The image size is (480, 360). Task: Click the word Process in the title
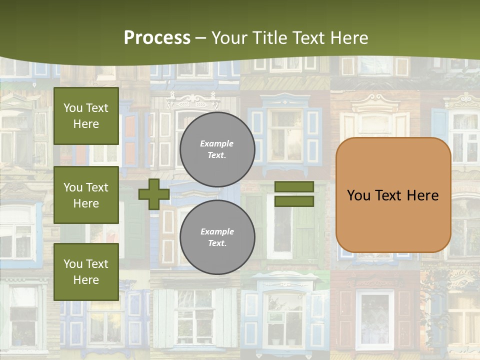pos(157,37)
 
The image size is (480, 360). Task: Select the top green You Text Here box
pos(86,116)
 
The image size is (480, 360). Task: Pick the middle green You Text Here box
pos(86,195)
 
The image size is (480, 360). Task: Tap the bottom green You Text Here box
pos(86,272)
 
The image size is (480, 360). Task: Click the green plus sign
pos(154,194)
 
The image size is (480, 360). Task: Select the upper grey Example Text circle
pos(217,149)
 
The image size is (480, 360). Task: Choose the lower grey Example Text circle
pos(217,237)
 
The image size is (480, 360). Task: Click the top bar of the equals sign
pos(294,186)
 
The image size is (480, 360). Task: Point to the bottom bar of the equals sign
pos(294,201)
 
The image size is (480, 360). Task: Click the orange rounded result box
pos(393,220)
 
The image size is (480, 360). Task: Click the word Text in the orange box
pos(388,195)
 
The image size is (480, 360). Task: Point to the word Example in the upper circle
pos(217,143)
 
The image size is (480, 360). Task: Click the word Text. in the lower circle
pos(217,243)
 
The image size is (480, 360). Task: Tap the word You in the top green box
pos(73,108)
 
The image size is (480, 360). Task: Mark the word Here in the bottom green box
pos(86,280)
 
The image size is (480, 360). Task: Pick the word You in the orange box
pos(358,195)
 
